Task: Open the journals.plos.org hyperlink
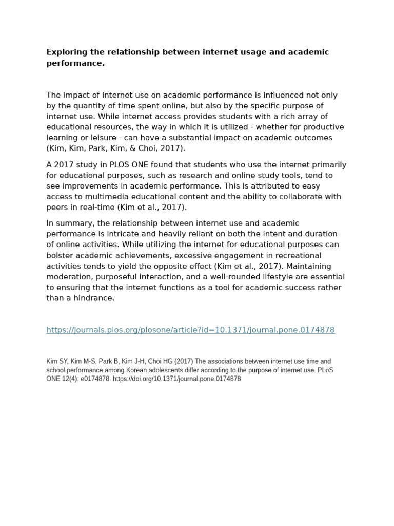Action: (190, 330)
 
